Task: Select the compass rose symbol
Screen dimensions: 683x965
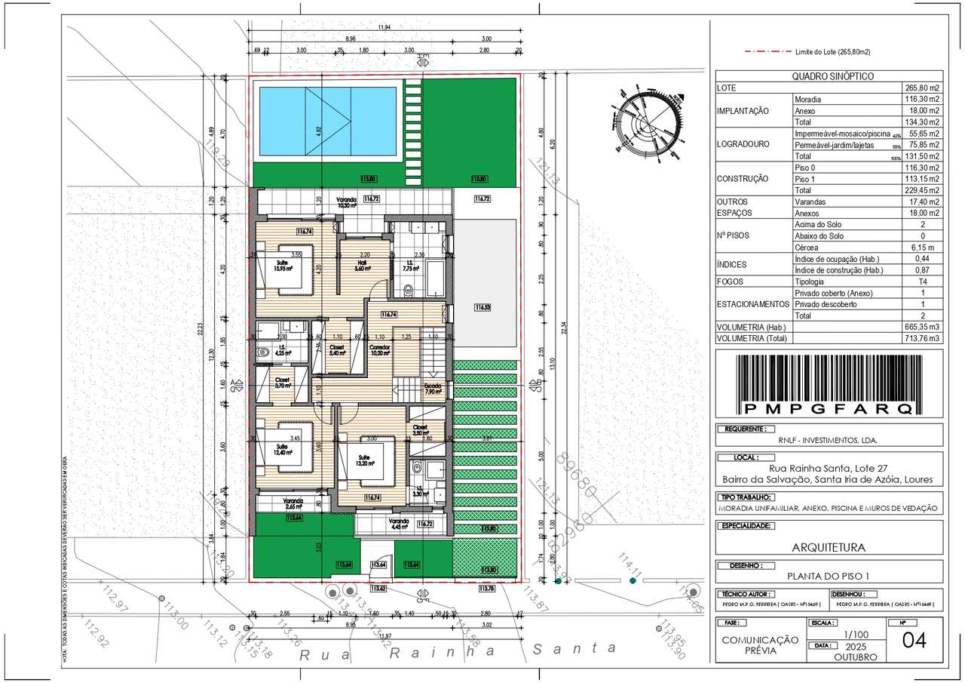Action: [648, 123]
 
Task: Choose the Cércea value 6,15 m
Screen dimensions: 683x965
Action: [921, 248]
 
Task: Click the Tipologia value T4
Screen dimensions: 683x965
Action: [932, 282]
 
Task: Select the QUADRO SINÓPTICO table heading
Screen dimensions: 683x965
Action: [828, 76]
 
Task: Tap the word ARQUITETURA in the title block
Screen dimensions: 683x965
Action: [828, 547]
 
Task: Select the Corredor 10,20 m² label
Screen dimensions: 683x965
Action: [379, 349]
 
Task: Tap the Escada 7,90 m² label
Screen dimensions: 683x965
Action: [433, 389]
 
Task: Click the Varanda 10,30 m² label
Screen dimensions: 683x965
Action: [348, 202]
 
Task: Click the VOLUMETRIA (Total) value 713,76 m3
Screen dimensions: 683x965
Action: [921, 339]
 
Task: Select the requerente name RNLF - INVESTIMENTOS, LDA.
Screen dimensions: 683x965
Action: [828, 440]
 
